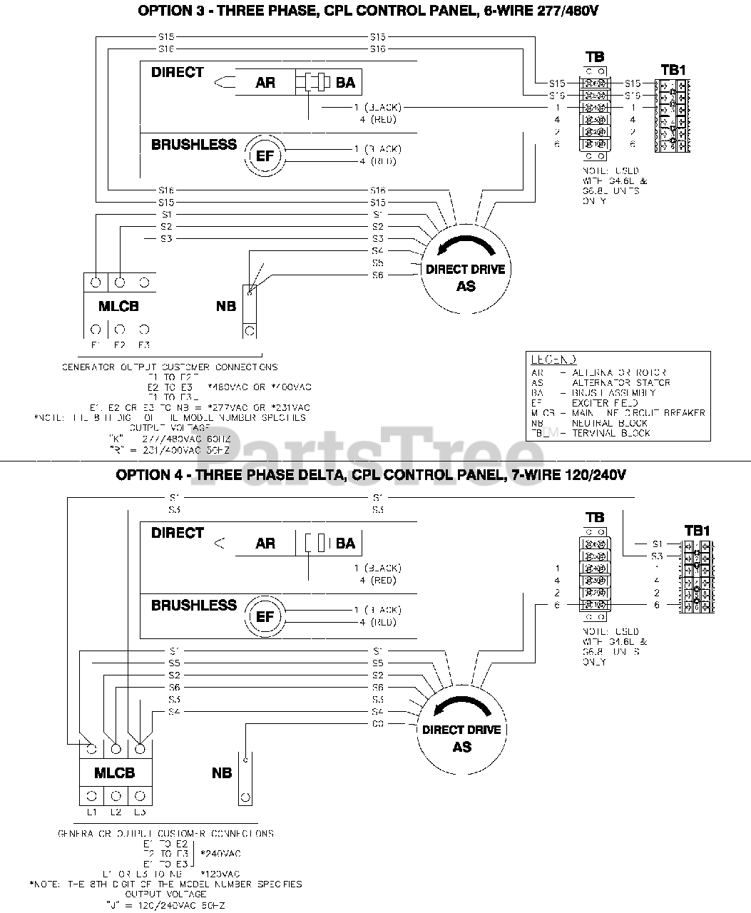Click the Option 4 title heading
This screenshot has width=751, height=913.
[x=371, y=475]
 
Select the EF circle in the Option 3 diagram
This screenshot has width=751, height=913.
[x=265, y=155]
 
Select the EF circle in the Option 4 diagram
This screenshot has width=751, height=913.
[x=265, y=616]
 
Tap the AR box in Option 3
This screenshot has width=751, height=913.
[x=265, y=83]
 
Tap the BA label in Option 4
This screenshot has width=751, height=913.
[x=345, y=544]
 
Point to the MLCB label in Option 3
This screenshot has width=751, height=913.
[x=118, y=307]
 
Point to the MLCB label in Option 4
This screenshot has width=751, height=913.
[x=114, y=773]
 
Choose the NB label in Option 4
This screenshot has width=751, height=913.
[x=222, y=773]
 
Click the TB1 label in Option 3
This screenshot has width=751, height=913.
[x=673, y=70]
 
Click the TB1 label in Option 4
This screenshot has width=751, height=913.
[x=697, y=531]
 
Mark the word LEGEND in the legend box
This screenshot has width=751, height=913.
[x=553, y=360]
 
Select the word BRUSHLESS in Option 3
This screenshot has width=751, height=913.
[x=193, y=144]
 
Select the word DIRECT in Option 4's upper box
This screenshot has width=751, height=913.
[x=177, y=533]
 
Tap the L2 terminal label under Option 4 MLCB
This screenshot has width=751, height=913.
[x=116, y=812]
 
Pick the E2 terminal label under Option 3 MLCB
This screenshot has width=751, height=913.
[x=119, y=345]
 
